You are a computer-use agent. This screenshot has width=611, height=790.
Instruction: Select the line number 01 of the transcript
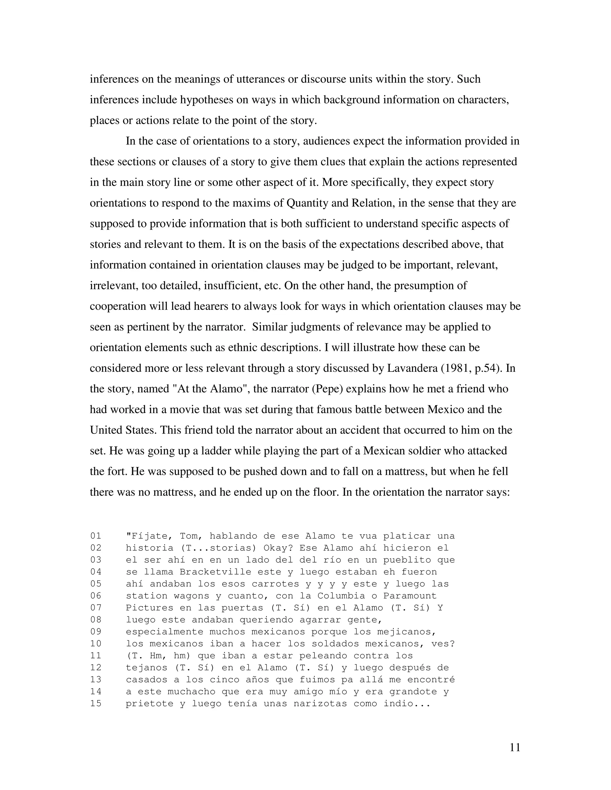coord(96,536)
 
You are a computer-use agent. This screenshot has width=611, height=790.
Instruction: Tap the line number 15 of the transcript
coord(96,704)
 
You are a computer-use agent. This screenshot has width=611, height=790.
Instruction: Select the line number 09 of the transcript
coord(96,632)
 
